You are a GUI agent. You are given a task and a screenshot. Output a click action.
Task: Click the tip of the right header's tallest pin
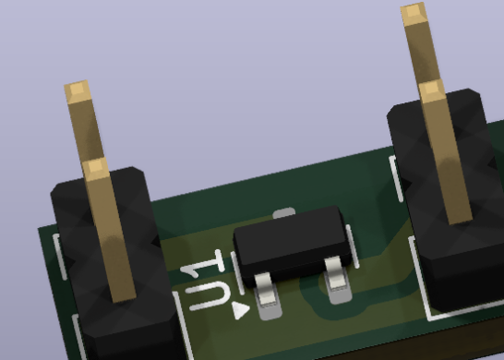(x=414, y=13)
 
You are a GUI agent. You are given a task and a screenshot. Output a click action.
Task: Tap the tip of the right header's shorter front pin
(x=432, y=91)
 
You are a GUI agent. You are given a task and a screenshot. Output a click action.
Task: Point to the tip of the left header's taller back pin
(x=78, y=91)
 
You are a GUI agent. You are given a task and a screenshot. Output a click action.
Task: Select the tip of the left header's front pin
(x=96, y=169)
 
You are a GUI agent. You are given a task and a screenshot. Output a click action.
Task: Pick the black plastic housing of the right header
(x=450, y=199)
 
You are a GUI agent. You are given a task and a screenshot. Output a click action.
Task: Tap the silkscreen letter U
(x=209, y=296)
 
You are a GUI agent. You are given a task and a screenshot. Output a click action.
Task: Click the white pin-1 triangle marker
(x=240, y=310)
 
